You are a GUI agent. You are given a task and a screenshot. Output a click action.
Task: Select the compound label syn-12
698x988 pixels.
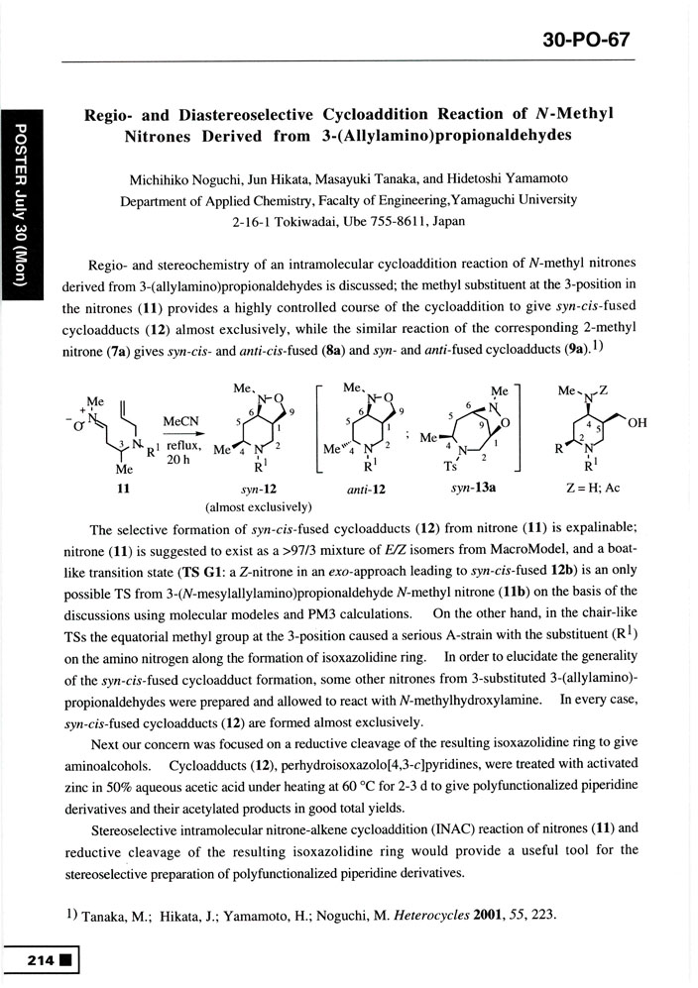[258, 489]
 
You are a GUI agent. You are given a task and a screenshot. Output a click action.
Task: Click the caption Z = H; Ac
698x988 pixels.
[604, 489]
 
